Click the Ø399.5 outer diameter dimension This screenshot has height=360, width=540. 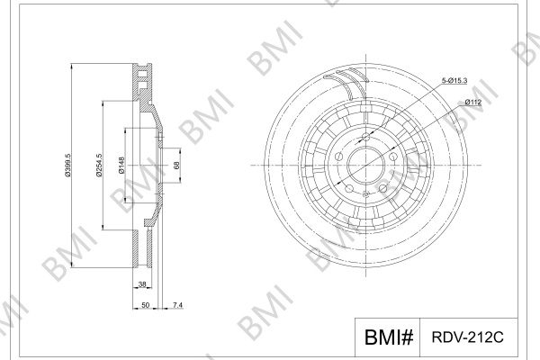pyautogui.click(x=67, y=166)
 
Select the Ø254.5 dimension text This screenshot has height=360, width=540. pyautogui.click(x=99, y=166)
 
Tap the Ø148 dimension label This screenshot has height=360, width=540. pyautogui.click(x=121, y=166)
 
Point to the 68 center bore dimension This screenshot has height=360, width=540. pyautogui.click(x=176, y=166)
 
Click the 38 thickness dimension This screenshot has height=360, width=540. pyautogui.click(x=142, y=284)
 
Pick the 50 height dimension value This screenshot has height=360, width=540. pyautogui.click(x=145, y=305)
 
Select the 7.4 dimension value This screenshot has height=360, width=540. pyautogui.click(x=177, y=305)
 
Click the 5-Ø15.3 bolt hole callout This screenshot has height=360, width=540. pyautogui.click(x=454, y=81)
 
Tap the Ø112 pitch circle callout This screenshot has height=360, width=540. pyautogui.click(x=472, y=102)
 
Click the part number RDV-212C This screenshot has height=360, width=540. pyautogui.click(x=467, y=337)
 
